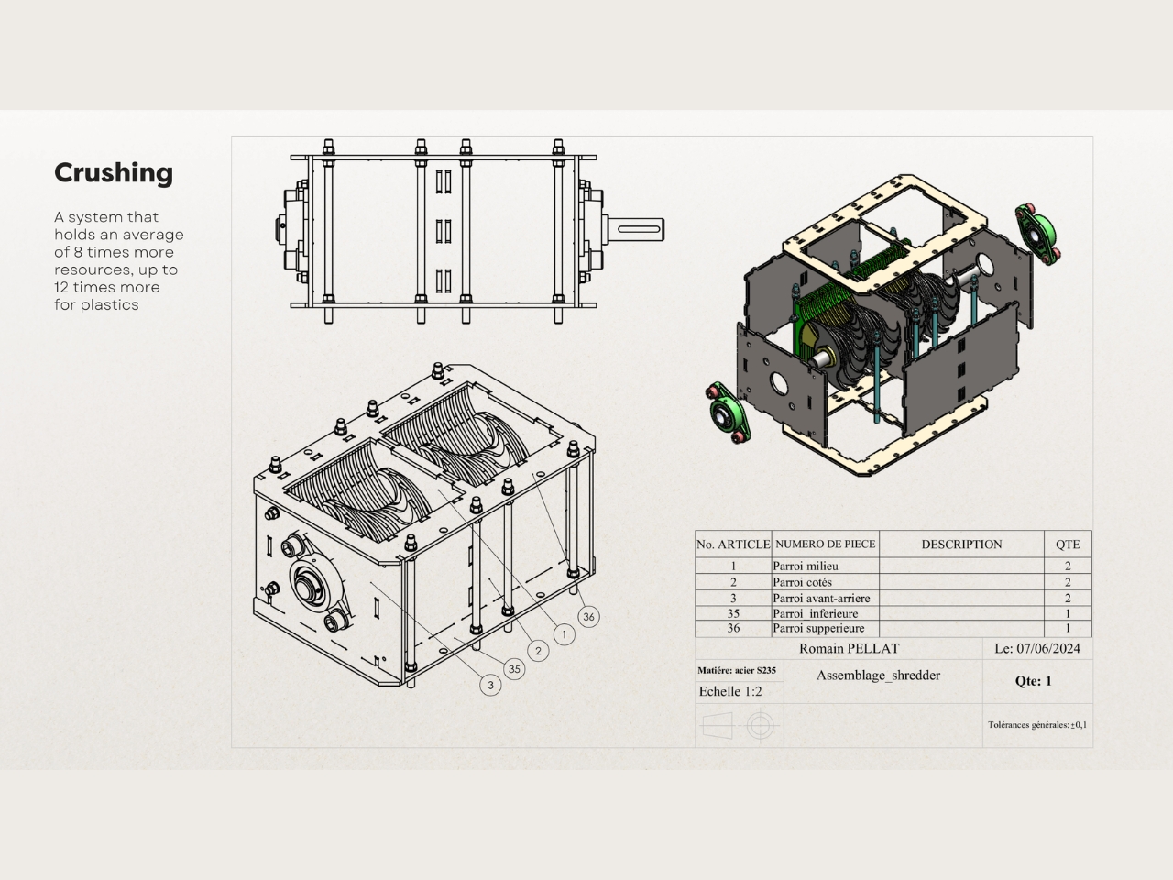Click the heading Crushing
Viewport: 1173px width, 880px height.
click(114, 173)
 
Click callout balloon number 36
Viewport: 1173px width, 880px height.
click(588, 617)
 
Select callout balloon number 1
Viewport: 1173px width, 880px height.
click(564, 634)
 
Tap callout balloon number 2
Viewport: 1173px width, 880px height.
click(538, 652)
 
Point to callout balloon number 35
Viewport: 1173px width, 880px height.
click(514, 669)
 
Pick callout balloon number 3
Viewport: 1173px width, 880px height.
click(490, 685)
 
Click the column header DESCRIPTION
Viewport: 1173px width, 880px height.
click(961, 544)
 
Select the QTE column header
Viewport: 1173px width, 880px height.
click(1068, 544)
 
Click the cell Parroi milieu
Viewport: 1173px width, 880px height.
click(806, 566)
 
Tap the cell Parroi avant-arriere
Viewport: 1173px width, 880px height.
click(821, 598)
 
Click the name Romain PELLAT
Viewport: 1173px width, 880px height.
click(849, 649)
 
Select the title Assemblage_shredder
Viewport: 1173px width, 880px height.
click(878, 676)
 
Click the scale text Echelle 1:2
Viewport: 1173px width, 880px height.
click(730, 691)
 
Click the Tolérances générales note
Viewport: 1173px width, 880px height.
click(1037, 725)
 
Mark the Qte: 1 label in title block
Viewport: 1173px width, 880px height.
click(1033, 681)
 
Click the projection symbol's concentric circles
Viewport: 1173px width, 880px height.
click(761, 727)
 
